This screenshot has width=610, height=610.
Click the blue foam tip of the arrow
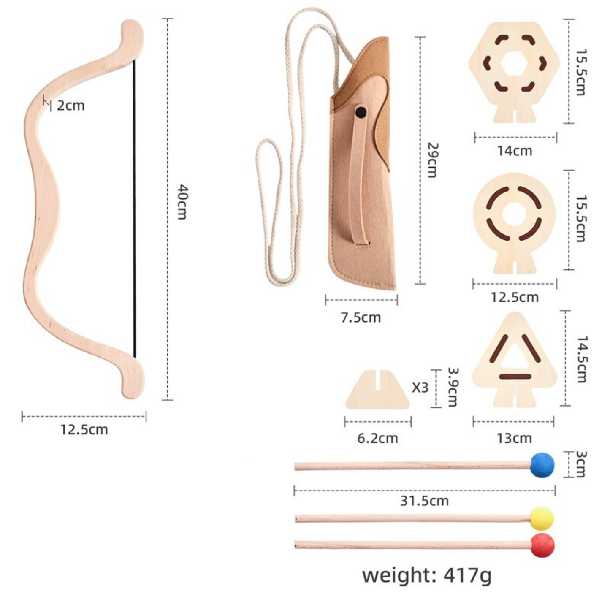(x=542, y=465)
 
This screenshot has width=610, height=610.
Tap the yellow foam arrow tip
(x=542, y=518)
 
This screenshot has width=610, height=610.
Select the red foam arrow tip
(x=542, y=545)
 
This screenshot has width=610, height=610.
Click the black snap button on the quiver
(x=361, y=111)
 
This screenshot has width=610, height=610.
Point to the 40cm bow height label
(x=182, y=202)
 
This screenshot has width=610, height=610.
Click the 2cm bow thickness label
(x=71, y=106)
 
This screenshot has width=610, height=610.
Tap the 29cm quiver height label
(x=432, y=160)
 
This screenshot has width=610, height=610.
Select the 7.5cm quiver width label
(x=361, y=317)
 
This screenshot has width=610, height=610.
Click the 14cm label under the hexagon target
(x=515, y=151)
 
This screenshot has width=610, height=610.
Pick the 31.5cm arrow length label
(x=425, y=501)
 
